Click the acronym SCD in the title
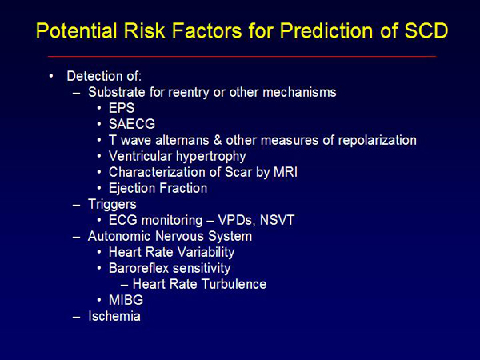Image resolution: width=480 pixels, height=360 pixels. tap(426, 30)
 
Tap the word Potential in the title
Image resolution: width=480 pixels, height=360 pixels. tap(77, 30)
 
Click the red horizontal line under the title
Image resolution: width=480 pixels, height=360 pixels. tap(242, 56)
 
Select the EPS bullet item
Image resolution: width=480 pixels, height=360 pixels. tap(122, 108)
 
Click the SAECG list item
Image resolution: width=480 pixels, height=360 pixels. tap(132, 124)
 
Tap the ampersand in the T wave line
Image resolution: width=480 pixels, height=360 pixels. tap(218, 140)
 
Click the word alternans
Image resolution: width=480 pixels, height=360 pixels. tap(182, 140)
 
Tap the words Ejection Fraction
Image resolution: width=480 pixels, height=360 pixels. tap(158, 188)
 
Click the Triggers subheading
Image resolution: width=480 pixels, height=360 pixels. tap(112, 205)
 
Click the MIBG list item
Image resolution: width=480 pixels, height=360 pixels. tap(126, 300)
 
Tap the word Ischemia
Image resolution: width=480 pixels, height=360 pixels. tap(114, 316)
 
